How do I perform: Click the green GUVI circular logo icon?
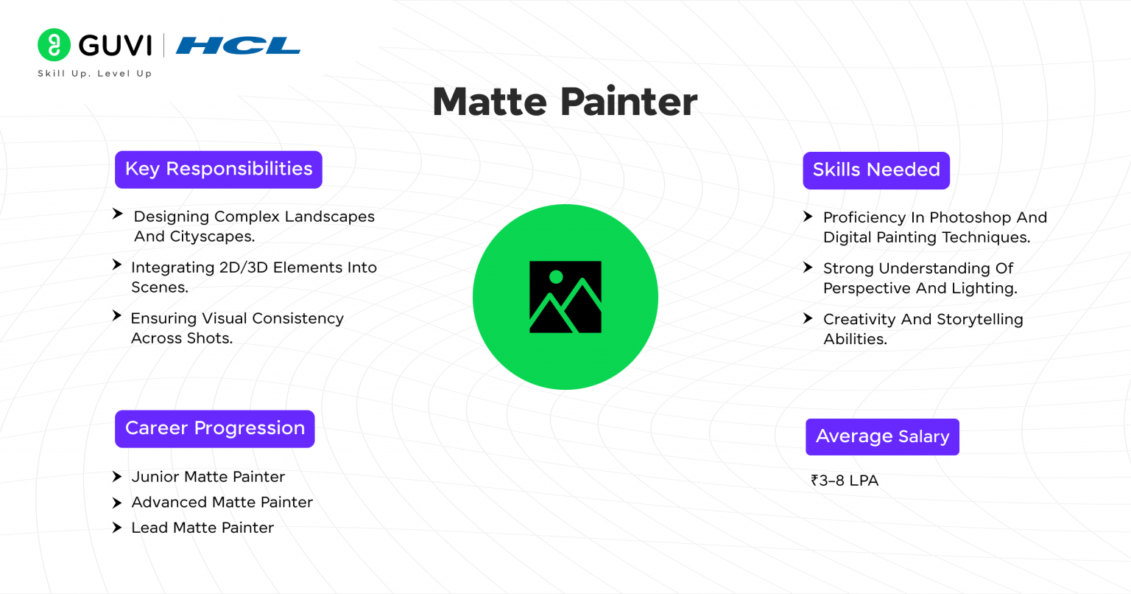pos(54,45)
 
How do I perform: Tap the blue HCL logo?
pos(237,46)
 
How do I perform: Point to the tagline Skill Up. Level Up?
pos(94,73)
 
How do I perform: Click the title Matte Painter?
pos(565,102)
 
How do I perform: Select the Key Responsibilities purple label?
pos(218,170)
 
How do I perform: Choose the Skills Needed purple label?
pos(875,170)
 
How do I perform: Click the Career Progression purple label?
pos(214,429)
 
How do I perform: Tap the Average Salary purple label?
pos(882,437)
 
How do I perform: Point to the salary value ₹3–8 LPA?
pos(845,481)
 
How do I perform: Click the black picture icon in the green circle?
pos(565,297)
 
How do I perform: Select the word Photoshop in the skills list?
pos(970,217)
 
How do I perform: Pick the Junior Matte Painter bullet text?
pos(208,477)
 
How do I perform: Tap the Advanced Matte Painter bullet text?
pos(222,502)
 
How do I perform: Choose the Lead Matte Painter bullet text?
pos(202,528)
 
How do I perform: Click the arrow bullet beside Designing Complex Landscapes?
pos(117,214)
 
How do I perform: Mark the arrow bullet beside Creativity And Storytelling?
pos(808,318)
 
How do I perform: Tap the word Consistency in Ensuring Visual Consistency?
pos(297,318)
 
